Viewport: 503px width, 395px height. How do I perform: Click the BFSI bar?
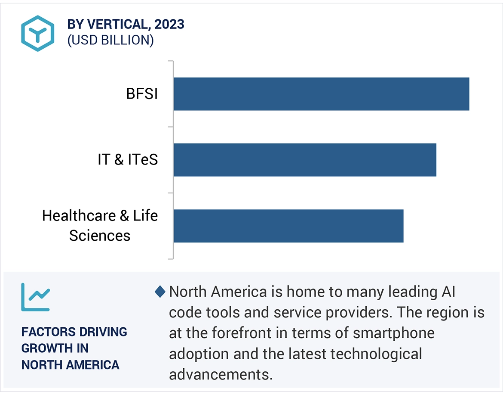tap(321, 94)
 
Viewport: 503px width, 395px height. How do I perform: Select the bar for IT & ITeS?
tap(305, 160)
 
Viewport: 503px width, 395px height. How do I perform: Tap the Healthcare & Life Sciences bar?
tap(288, 226)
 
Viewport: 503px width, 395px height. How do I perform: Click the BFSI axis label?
tap(142, 94)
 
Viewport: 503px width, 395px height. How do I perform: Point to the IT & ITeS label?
tap(128, 160)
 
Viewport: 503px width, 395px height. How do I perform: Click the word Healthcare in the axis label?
tap(79, 215)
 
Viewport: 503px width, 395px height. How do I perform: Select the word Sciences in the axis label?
tap(100, 236)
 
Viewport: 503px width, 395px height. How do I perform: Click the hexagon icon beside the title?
tap(38, 33)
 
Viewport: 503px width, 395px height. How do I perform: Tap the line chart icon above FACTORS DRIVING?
tap(35, 297)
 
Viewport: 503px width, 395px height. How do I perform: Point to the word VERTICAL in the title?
tap(115, 25)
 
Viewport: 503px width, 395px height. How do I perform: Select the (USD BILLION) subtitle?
tap(110, 40)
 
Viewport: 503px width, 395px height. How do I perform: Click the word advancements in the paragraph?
tap(221, 374)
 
